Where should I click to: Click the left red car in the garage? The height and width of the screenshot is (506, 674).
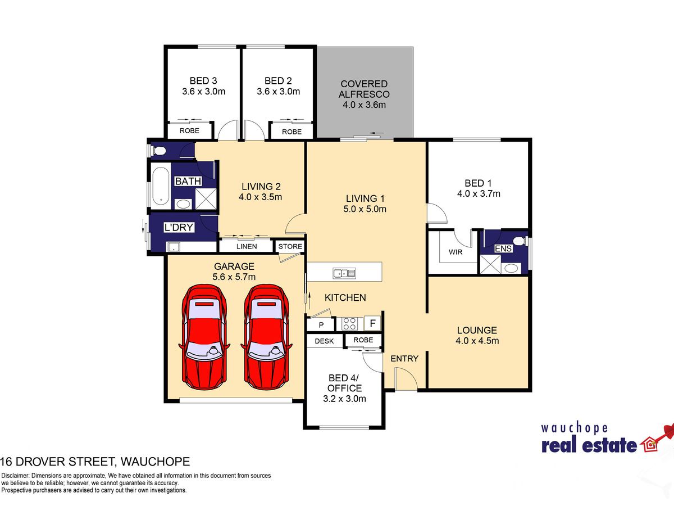(204, 337)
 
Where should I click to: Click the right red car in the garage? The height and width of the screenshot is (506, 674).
(267, 337)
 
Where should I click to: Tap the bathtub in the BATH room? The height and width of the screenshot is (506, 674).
(161, 186)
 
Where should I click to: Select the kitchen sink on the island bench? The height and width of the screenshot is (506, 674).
(344, 273)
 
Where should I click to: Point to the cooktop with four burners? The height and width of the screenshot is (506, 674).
(349, 323)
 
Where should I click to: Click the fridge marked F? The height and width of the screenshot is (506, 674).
(372, 323)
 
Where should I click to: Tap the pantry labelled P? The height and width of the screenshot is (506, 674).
(321, 325)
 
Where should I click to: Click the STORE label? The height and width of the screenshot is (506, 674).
(290, 246)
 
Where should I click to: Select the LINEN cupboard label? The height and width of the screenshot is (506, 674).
(247, 246)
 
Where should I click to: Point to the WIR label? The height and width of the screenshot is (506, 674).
(456, 252)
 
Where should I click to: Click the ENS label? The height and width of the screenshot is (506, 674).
(503, 249)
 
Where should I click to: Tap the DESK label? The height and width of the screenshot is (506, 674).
(324, 341)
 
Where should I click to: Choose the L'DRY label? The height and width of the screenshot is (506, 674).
(179, 227)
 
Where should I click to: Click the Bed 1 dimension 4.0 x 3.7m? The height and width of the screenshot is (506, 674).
(479, 193)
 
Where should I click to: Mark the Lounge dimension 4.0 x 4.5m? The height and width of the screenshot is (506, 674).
(477, 341)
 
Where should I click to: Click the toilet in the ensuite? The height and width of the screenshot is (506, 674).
(521, 241)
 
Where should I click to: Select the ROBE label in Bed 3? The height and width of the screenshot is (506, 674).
(189, 130)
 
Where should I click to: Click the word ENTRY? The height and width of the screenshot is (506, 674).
(404, 359)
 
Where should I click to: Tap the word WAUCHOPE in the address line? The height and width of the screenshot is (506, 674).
(155, 462)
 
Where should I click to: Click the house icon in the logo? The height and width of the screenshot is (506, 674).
(649, 445)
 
